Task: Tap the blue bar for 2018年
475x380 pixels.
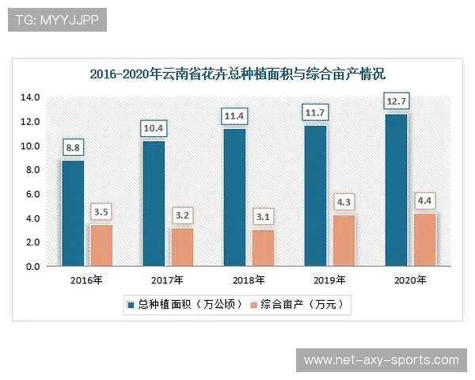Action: tap(234, 198)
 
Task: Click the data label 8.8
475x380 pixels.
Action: tap(74, 147)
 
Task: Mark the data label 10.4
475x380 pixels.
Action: tap(154, 127)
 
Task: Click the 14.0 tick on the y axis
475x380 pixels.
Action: tap(30, 97)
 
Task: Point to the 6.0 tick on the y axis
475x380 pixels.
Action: tap(30, 194)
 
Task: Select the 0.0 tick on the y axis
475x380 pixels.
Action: tap(30, 267)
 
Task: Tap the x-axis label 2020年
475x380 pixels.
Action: tap(409, 280)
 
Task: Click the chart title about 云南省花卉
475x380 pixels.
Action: tap(237, 75)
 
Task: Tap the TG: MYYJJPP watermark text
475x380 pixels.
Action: tap(57, 20)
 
